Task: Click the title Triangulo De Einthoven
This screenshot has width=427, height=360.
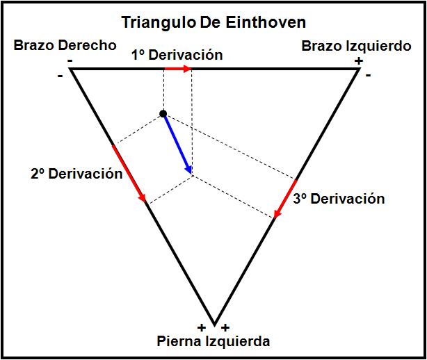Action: tap(213, 22)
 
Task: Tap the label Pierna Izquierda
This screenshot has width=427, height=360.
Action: tap(213, 341)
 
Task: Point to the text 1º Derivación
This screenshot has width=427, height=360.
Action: tap(177, 55)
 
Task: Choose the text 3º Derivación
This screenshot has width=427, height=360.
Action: tap(338, 199)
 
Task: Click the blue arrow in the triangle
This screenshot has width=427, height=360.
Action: tap(177, 143)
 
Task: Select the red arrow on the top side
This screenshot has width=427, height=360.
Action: tap(177, 69)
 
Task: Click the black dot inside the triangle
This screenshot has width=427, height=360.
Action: tap(163, 113)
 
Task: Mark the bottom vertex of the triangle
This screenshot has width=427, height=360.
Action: tap(214, 321)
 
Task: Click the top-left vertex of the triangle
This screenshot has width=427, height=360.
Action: tap(71, 69)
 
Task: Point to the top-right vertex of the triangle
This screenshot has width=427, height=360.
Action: tap(358, 69)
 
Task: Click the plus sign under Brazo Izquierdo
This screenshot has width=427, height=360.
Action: tap(358, 61)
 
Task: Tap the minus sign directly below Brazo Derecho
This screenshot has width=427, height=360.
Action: tap(71, 61)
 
